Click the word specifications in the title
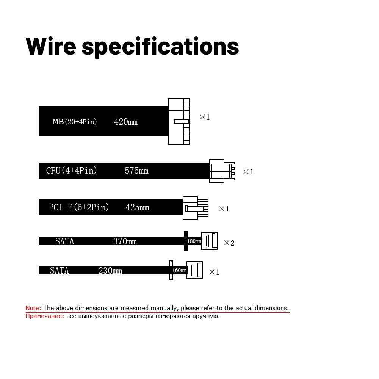coord(160,47)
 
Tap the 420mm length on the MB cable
coord(125,122)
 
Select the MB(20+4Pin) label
coord(75,122)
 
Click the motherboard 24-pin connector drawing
coord(179,121)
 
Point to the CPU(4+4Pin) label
coord(72,171)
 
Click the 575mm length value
coord(136,171)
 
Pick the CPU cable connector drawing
coord(222,171)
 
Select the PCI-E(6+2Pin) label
coord(79,207)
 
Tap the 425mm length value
coord(137,208)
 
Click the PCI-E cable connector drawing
coord(195,208)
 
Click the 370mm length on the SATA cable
coord(125,241)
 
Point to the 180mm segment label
coord(194,241)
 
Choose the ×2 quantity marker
coord(229,243)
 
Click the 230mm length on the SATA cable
coord(110,271)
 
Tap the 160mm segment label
coord(179,271)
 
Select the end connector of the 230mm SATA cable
coord(194,270)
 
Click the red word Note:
coord(33,308)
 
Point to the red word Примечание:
coord(45,316)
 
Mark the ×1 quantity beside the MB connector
coord(205,117)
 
